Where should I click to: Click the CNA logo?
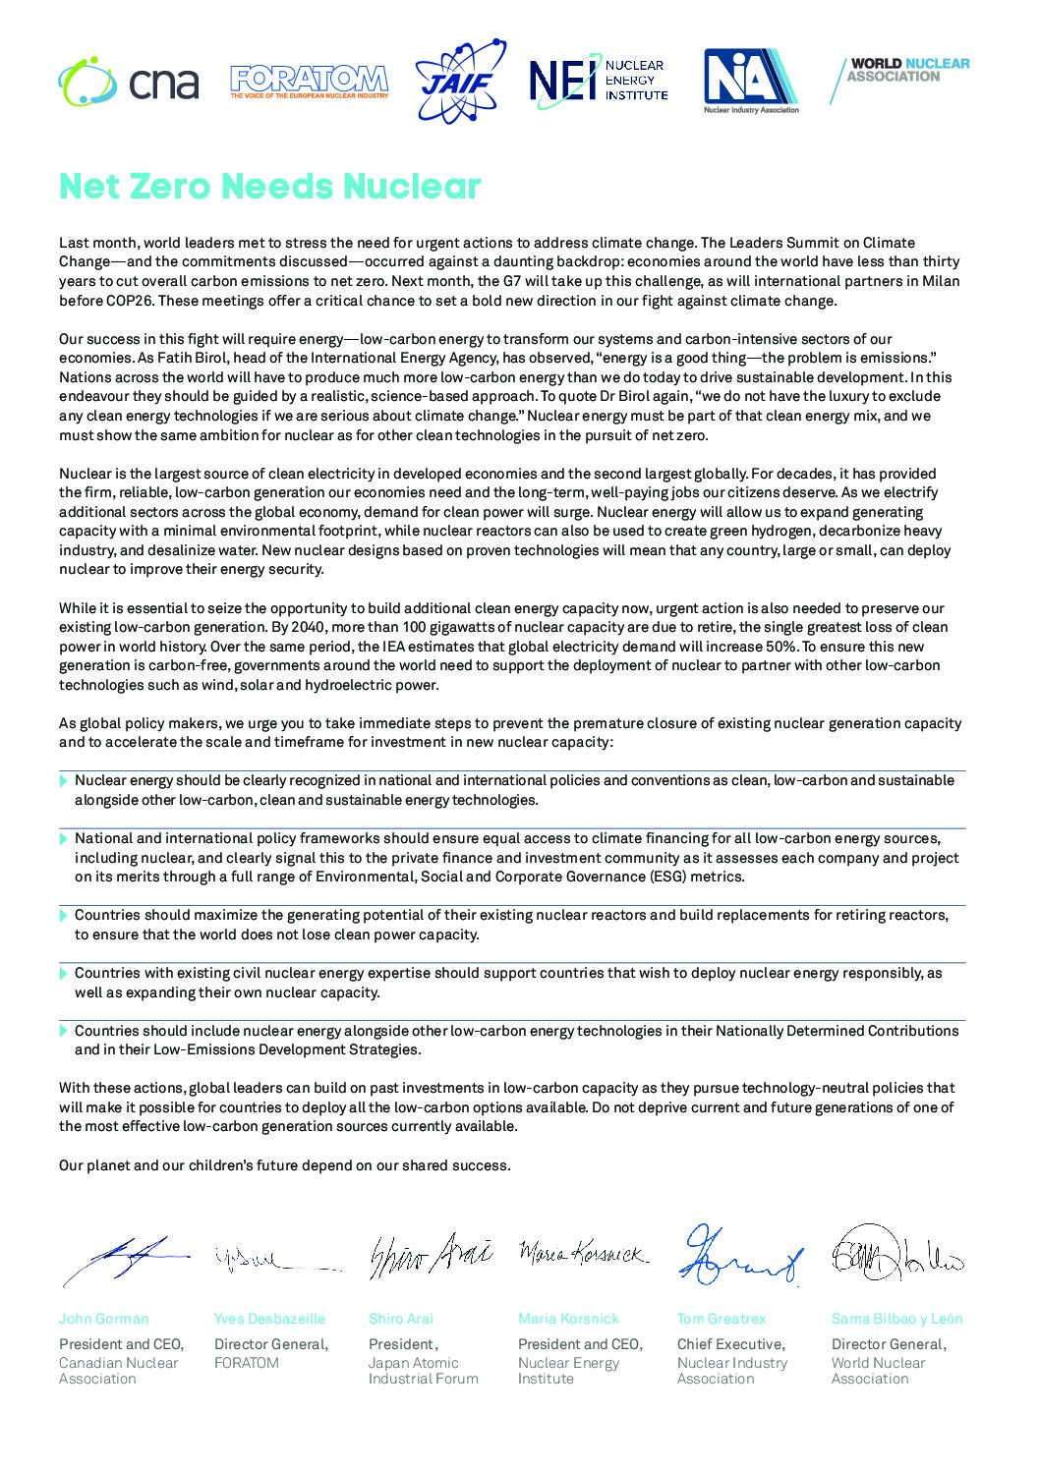pos(128,83)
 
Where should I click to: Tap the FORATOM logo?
pos(309,82)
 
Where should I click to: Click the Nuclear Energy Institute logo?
pos(598,81)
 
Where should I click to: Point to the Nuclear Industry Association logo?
pos(751,81)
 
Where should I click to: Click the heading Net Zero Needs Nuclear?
pos(269,186)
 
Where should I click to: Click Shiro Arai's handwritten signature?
pos(430,1255)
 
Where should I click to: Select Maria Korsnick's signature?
pos(582,1253)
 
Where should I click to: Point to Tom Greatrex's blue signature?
pos(739,1255)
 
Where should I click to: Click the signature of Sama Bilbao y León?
pos(896,1253)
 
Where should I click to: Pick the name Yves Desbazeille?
pos(269,1319)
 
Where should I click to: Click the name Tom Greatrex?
pos(721,1319)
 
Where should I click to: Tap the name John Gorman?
pos(103,1319)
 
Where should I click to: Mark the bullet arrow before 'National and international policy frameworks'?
pos(64,839)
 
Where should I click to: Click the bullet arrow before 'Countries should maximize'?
pos(64,916)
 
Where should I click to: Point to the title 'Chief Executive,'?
pos(730,1344)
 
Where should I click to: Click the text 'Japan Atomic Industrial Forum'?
pos(423,1371)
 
